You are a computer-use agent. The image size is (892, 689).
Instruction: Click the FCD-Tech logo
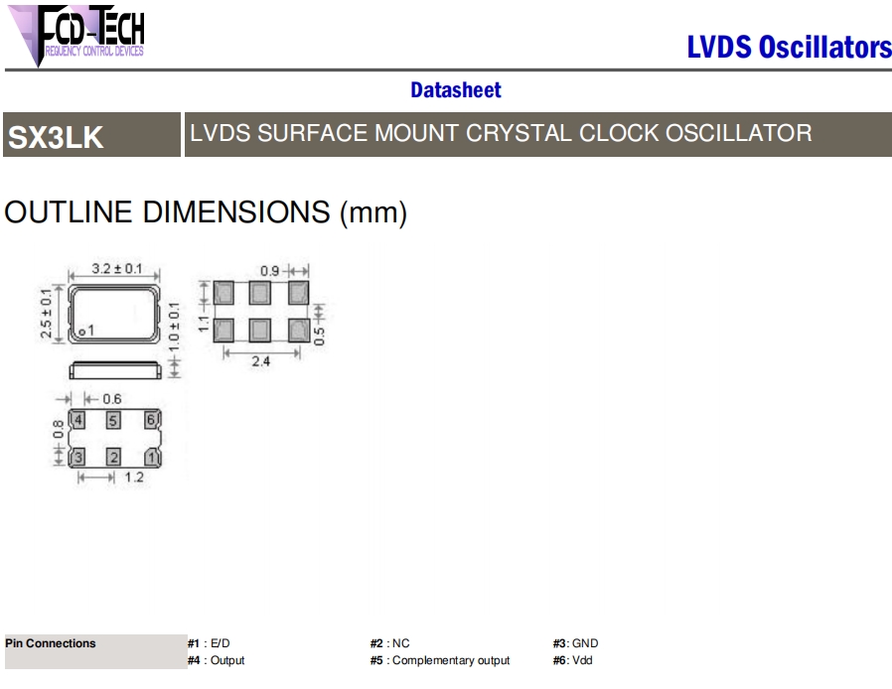point(76,36)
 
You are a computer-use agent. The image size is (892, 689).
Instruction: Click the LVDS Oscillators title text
point(789,48)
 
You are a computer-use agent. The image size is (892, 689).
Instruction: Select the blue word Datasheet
point(456,89)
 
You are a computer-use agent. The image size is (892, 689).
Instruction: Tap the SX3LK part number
point(56,137)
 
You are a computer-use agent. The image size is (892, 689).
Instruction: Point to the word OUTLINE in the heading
point(69,212)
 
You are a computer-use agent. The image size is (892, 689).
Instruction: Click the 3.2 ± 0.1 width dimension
point(116,268)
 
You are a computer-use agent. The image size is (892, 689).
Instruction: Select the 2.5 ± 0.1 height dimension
point(46,314)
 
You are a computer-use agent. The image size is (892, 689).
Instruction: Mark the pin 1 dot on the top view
point(81,332)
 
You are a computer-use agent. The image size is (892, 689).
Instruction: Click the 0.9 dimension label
point(269,271)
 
